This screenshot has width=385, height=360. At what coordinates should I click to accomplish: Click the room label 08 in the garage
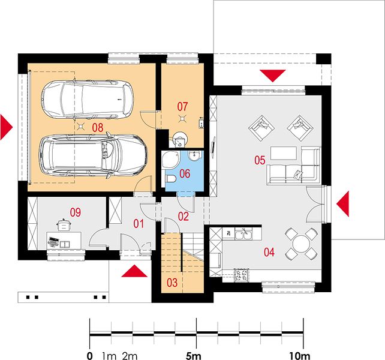pos(98,128)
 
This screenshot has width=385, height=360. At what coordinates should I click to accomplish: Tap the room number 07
pos(182,107)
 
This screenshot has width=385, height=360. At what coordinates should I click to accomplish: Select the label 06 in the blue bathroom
pos(185,174)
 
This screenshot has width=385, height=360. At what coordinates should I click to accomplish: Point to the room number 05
pos(260,160)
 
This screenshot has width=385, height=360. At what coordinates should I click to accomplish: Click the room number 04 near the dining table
pos(269,253)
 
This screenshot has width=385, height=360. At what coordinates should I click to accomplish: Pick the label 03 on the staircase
pos(172,283)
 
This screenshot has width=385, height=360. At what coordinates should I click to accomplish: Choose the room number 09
pos(76,212)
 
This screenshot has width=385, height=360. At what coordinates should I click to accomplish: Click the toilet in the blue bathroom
pos(170,179)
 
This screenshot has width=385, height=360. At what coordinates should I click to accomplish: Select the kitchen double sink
pos(243,234)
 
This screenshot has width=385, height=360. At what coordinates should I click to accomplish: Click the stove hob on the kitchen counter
pos(242,275)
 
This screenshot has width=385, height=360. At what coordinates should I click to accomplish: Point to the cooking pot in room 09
pos(64,226)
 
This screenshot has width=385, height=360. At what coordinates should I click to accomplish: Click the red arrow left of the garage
pos(7,127)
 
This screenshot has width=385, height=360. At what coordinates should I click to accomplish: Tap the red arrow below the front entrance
pos(134,271)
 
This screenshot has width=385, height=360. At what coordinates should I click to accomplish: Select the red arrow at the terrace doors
pos(343,204)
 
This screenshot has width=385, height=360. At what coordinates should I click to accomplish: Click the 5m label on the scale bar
pos(193,355)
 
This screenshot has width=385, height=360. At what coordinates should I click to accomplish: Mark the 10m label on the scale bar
pos(300,355)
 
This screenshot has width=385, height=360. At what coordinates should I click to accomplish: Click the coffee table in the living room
pos(284,153)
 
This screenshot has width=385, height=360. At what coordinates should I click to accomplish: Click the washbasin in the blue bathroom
pos(195,155)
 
